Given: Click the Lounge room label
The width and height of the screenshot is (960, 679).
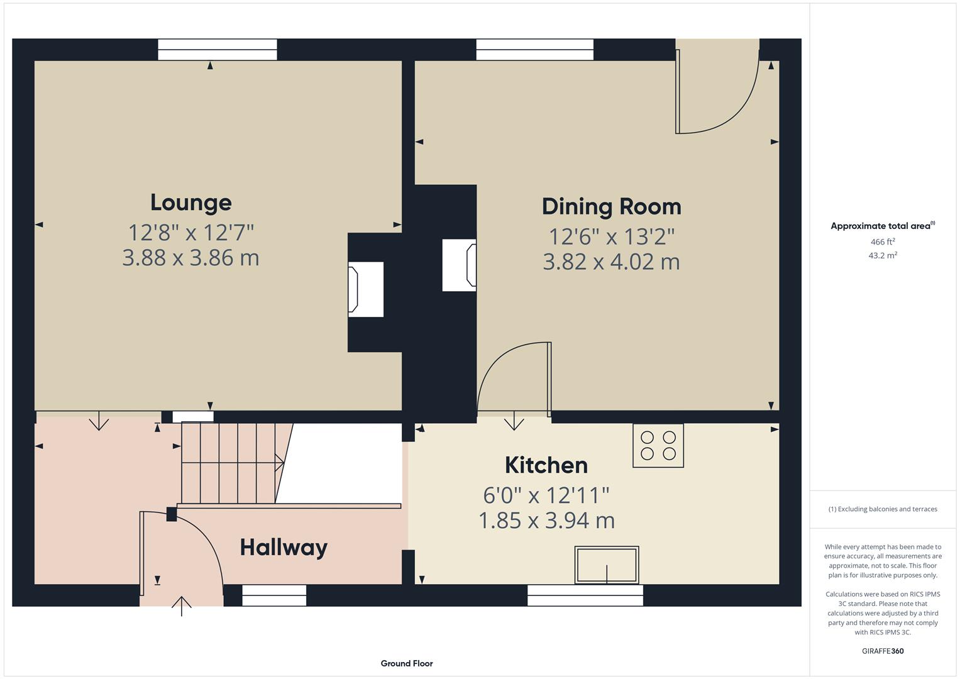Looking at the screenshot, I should pos(190,202).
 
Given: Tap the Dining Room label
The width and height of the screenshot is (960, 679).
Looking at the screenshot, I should pos(611,207).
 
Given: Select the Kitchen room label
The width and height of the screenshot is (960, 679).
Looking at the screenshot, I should pos(546,465).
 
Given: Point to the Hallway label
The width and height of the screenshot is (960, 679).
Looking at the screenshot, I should pos(284,548).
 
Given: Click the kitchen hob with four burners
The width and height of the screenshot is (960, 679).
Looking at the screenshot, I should pos(658,445).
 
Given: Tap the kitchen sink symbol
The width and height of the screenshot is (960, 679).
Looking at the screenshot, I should pos(607,565).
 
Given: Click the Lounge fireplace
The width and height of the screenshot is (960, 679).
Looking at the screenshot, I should pos(365,289).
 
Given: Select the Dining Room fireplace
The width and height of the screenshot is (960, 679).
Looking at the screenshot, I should pos(459,265).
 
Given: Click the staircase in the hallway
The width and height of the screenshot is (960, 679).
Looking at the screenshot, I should pos(231,463).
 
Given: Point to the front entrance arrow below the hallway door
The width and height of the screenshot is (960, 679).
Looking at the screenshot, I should pos(182,606).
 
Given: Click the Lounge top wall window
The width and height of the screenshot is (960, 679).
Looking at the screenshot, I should pos(217,50).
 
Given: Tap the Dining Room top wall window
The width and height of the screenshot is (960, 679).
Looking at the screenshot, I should pos(534,50).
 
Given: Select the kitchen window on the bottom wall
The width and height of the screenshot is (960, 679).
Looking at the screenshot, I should pos(585,595).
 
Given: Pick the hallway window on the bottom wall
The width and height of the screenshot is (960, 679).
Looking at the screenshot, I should pos(274,595).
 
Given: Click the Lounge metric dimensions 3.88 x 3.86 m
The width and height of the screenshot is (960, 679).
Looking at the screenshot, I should pos(190,258).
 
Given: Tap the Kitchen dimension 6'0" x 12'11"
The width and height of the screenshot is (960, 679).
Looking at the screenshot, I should pos(546,495).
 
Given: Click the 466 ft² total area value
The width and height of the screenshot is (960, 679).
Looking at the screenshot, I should pos(882,242).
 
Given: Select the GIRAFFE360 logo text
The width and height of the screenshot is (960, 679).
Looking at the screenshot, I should pos(882,651).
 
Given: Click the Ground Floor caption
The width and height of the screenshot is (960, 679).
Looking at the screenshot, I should pos(406,663).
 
